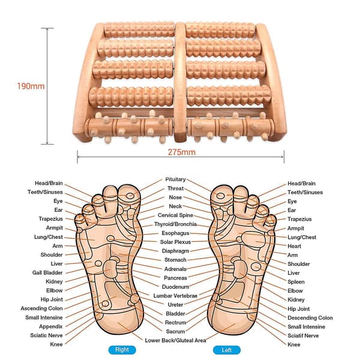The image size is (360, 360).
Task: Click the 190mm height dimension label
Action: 31,86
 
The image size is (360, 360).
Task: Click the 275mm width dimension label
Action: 182,152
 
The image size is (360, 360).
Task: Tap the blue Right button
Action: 122,350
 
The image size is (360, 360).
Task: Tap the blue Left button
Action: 227,350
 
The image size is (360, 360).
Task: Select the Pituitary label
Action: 175,179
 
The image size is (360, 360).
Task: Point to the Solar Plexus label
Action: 175,242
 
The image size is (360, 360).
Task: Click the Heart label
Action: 294,246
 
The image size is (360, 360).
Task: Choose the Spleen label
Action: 296,282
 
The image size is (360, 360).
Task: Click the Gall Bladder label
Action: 47,272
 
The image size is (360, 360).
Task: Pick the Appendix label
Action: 51,326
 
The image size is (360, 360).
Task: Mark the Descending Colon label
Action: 310,318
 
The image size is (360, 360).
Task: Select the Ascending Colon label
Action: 41,308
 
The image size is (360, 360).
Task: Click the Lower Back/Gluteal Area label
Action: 175,340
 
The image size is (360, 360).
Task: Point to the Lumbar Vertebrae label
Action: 175,296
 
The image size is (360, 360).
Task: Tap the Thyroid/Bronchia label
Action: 175,224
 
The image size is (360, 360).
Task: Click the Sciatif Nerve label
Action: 303,335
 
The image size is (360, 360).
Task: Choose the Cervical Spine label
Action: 175,215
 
